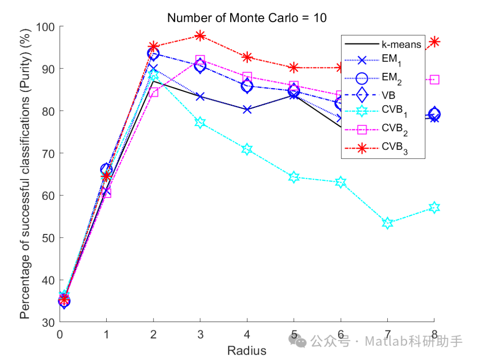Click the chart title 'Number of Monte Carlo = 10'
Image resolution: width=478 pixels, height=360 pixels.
pyautogui.click(x=247, y=18)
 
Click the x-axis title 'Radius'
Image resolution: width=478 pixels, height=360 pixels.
pyautogui.click(x=247, y=351)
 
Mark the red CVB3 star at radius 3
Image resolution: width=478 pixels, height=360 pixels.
pyautogui.click(x=200, y=35)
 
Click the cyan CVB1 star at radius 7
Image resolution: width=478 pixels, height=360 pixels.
pyautogui.click(x=387, y=223)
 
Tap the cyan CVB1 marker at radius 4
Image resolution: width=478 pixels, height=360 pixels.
pyautogui.click(x=247, y=149)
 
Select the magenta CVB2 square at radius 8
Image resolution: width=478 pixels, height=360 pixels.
pyautogui.click(x=434, y=80)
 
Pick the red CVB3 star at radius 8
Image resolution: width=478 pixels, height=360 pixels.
pyautogui.click(x=434, y=42)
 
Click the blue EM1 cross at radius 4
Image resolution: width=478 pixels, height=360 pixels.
pyautogui.click(x=247, y=109)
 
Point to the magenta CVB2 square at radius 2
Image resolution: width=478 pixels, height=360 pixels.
pyautogui.click(x=153, y=92)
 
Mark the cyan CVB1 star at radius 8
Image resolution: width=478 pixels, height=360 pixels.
pyautogui.click(x=434, y=207)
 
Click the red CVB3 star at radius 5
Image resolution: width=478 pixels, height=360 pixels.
pyautogui.click(x=293, y=67)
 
